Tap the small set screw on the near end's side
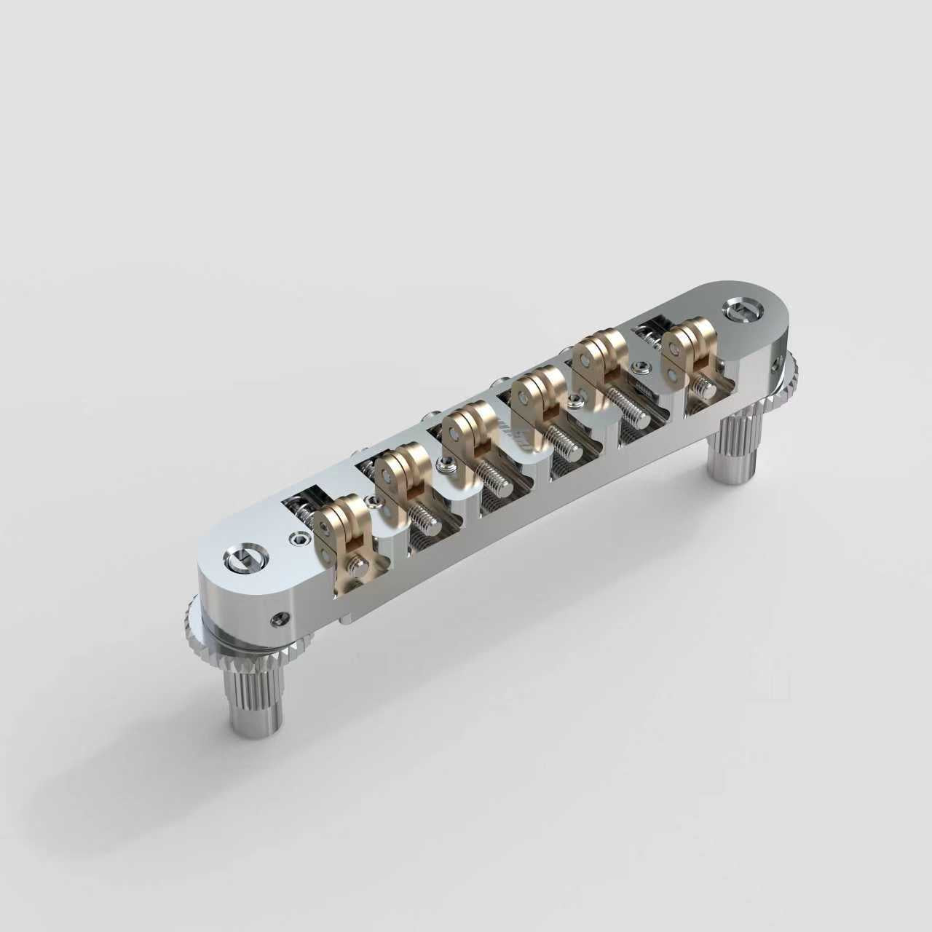[x=276, y=619]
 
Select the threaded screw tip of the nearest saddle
[x=358, y=566]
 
